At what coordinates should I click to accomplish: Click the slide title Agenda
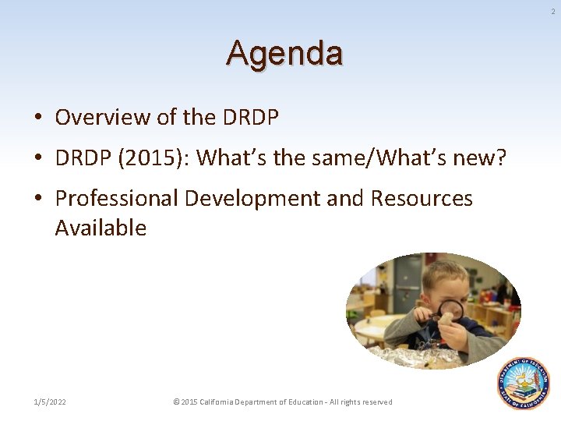pyautogui.click(x=284, y=54)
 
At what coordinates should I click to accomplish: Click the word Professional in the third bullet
pyautogui.click(x=117, y=199)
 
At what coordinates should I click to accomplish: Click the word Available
pyautogui.click(x=101, y=228)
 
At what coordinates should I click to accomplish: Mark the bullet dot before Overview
pyautogui.click(x=37, y=119)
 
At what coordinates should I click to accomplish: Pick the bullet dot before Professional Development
pyautogui.click(x=37, y=200)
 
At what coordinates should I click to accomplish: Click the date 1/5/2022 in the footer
pyautogui.click(x=50, y=402)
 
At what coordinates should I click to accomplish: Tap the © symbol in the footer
pyautogui.click(x=176, y=402)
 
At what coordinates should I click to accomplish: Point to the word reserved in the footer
pyautogui.click(x=376, y=402)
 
